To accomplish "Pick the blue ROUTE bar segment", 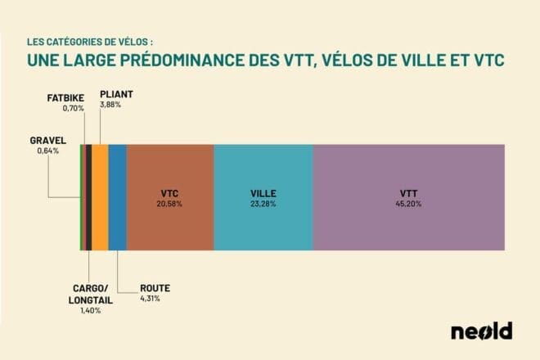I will [117, 196].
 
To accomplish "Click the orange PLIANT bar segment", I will [100, 196].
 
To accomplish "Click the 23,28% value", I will [263, 203].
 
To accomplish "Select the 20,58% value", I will [171, 203].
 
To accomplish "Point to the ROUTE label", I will [155, 289].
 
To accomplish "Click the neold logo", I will [481, 331].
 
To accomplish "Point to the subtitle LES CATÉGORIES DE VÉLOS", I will [90, 39].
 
